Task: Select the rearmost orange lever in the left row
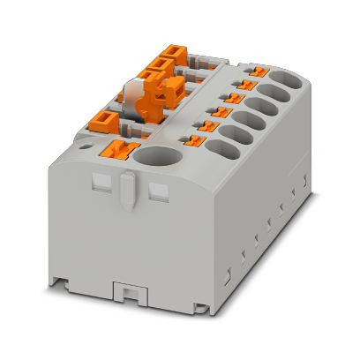coord(165,61)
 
